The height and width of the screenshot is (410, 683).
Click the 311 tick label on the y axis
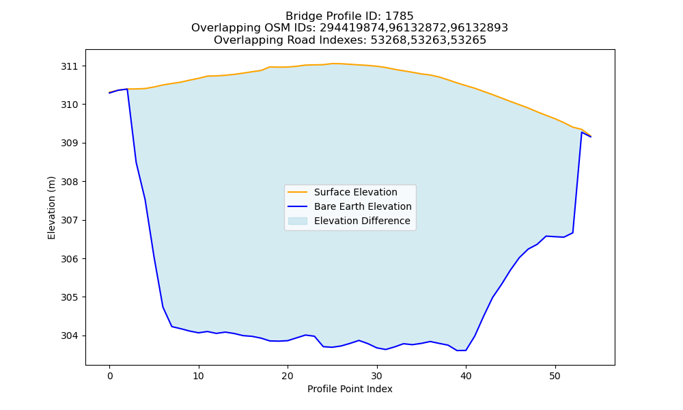tap(69, 66)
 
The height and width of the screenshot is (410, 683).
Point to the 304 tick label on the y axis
tap(69, 336)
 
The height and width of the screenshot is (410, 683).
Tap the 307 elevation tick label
tap(69, 221)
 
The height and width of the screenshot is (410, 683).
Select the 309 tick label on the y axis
tap(69, 143)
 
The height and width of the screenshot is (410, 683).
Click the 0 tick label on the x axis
tap(110, 376)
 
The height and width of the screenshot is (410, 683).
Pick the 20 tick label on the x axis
tap(288, 376)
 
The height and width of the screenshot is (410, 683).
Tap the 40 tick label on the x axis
tap(466, 376)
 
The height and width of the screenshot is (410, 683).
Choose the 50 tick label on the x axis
tap(555, 376)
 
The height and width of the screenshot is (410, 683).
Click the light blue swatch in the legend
tap(298, 221)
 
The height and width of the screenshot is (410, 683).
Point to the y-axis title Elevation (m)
tap(51, 208)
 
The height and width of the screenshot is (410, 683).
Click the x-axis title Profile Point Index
tap(350, 389)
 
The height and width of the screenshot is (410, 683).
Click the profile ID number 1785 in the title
tap(400, 16)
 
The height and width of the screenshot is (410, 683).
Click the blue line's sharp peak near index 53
tap(581, 132)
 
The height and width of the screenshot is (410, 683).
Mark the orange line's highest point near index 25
tap(333, 64)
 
